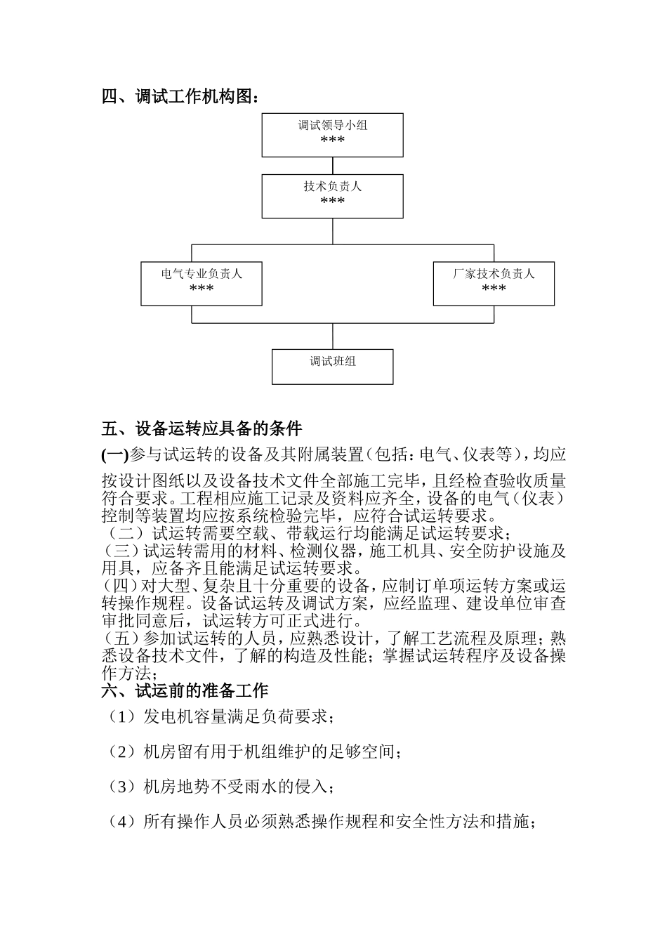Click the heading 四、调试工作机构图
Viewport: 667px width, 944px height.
tap(180, 97)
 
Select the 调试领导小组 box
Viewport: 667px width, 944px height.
tap(332, 135)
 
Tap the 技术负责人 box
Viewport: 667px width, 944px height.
tap(332, 196)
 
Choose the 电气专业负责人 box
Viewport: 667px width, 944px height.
tap(202, 284)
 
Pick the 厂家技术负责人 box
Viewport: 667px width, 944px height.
tap(494, 284)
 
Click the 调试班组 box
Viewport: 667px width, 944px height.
tap(332, 367)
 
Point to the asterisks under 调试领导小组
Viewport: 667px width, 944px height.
tap(332, 140)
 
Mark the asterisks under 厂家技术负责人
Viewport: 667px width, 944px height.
tap(494, 289)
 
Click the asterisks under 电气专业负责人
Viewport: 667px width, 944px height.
tap(202, 289)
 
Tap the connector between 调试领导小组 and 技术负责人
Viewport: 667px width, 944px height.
tap(332, 166)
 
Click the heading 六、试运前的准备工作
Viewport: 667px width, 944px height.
tap(185, 691)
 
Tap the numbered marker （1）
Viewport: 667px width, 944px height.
tap(121, 717)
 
